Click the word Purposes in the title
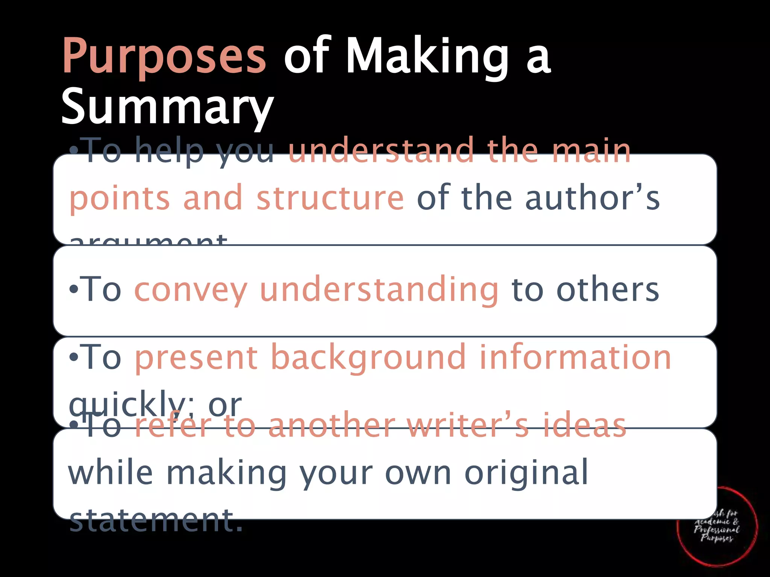click(x=164, y=56)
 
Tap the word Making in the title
click(x=427, y=56)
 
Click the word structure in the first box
click(x=330, y=198)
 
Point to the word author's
click(x=592, y=198)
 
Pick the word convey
click(x=191, y=290)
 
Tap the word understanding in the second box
click(x=379, y=290)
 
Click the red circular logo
click(x=717, y=526)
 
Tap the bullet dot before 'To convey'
click(x=73, y=290)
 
